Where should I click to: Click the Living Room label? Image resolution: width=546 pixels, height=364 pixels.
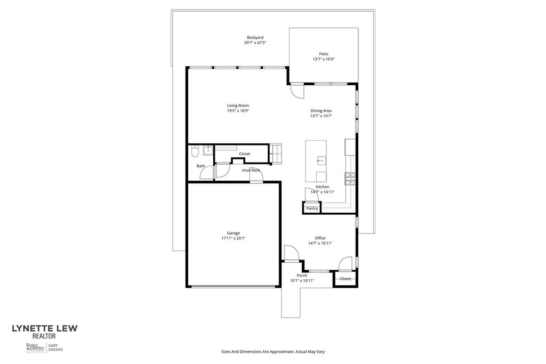click(x=238, y=106)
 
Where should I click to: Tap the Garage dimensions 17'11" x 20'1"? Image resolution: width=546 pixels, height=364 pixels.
click(x=233, y=238)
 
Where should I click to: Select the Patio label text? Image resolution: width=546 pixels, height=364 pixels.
click(x=324, y=54)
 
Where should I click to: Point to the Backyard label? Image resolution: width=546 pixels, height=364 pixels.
click(x=255, y=37)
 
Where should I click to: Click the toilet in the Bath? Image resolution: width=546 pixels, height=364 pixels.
click(x=195, y=152)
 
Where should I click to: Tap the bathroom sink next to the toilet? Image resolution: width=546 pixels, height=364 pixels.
click(x=206, y=150)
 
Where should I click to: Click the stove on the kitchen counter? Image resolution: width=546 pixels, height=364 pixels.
click(x=350, y=179)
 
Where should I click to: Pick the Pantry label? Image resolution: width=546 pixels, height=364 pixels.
click(x=312, y=208)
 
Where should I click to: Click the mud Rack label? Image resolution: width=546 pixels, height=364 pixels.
click(x=251, y=170)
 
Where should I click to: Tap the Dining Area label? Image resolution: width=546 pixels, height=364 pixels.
click(x=321, y=110)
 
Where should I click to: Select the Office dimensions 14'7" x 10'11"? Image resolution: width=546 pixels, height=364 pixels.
click(x=320, y=243)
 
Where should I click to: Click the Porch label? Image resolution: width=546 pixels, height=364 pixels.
click(x=302, y=276)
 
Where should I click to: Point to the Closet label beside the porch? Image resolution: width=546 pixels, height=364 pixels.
click(x=346, y=279)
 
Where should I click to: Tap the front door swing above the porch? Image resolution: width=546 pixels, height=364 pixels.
click(x=291, y=253)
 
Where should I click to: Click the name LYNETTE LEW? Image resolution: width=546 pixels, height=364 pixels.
click(x=45, y=329)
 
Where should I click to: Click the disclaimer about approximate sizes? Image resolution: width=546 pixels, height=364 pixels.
click(x=273, y=352)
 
